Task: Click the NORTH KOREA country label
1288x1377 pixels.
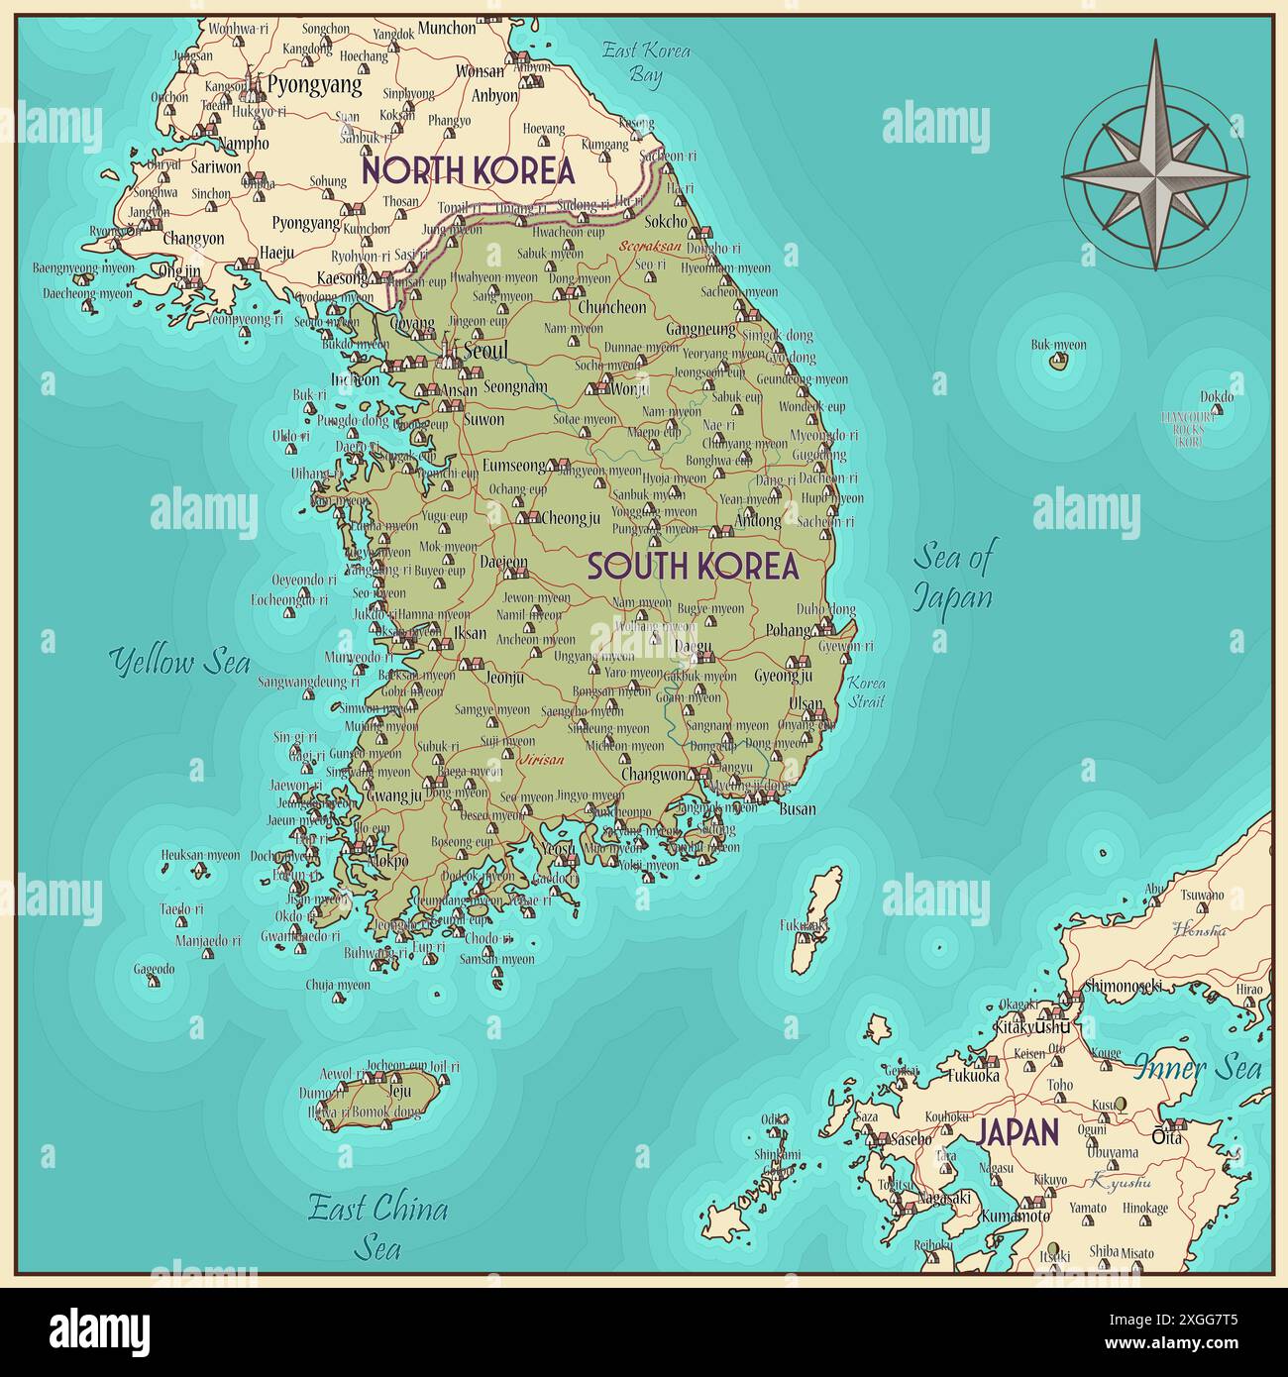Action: pyautogui.click(x=468, y=170)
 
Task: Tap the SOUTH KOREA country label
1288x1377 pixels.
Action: pyautogui.click(x=693, y=567)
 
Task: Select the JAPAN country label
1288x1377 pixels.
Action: pyautogui.click(x=1019, y=1132)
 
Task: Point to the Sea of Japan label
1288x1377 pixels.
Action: pyautogui.click(x=952, y=576)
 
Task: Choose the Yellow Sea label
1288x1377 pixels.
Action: pyautogui.click(x=179, y=661)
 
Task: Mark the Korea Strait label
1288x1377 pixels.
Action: pyautogui.click(x=866, y=692)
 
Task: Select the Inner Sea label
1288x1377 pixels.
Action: pyautogui.click(x=1198, y=1068)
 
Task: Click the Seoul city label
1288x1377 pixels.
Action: pyautogui.click(x=485, y=351)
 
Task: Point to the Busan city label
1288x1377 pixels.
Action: pyautogui.click(x=798, y=808)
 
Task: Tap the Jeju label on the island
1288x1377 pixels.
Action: pyautogui.click(x=399, y=1091)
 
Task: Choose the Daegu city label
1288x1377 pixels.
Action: pyautogui.click(x=693, y=647)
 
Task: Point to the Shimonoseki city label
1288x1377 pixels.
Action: pyautogui.click(x=1123, y=986)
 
